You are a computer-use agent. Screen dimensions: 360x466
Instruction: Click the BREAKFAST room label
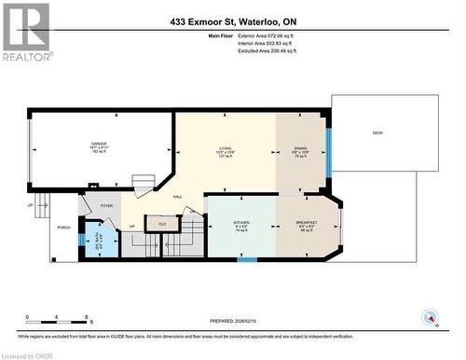point(307,224)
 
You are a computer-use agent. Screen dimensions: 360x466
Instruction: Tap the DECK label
point(377,133)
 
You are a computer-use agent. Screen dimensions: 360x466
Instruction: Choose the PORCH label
point(64,228)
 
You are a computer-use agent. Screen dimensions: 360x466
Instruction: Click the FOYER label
point(106,206)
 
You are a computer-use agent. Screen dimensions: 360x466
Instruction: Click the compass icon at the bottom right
point(430,317)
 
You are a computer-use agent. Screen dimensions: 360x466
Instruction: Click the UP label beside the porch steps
point(31,205)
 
